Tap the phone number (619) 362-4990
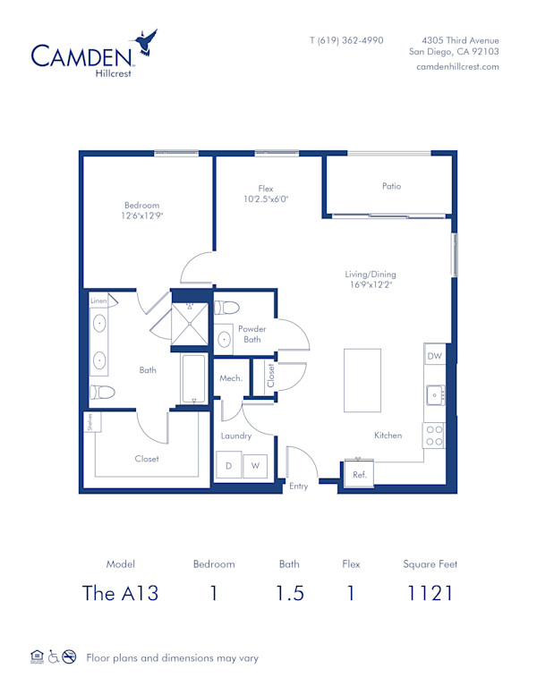point(346,40)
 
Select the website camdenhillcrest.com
point(457,67)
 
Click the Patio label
point(391,187)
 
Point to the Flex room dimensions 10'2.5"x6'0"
point(266,199)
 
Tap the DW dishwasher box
point(433,356)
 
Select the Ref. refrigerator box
point(360,474)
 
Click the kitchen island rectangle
point(362,379)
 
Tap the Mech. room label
point(231,378)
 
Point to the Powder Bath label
point(251,334)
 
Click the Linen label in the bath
point(98,301)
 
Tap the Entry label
point(298,486)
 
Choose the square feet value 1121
point(430,592)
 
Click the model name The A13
point(120,592)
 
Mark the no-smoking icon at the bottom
point(69,657)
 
